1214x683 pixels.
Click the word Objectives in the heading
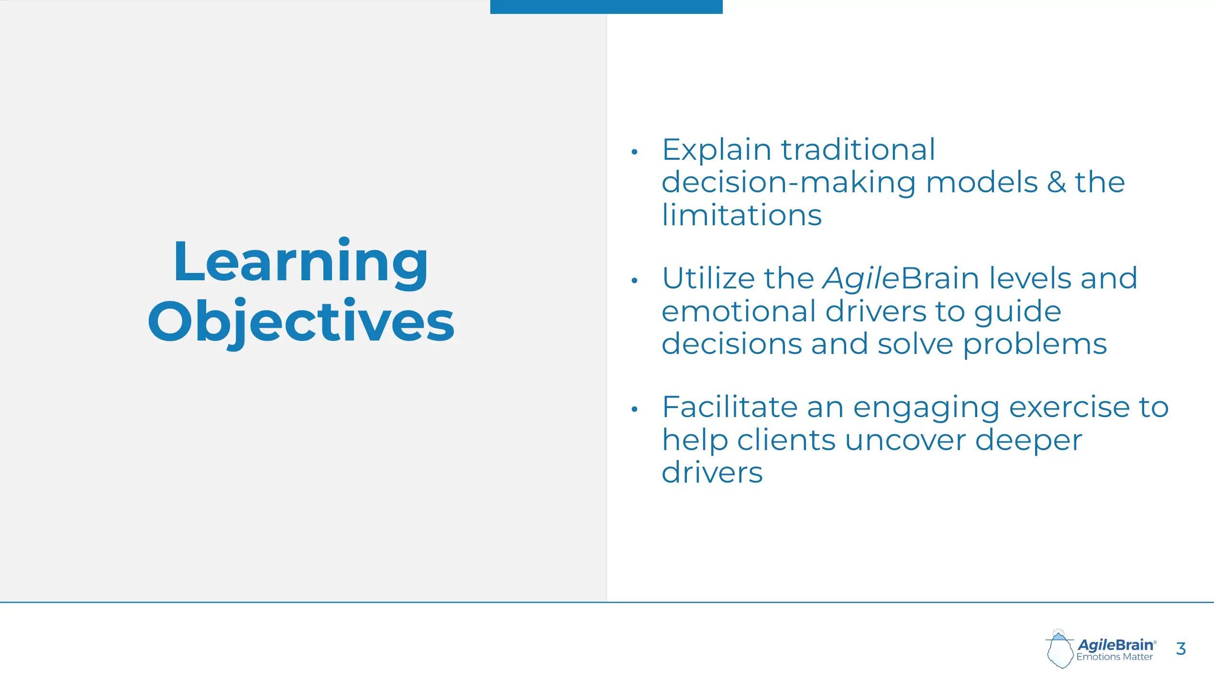[x=301, y=322]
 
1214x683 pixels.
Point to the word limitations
[x=742, y=215]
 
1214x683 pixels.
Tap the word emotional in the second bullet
[x=739, y=311]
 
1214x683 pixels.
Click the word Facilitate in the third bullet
[x=729, y=407]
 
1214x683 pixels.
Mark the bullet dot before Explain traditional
[x=634, y=152]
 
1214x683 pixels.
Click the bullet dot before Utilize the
[x=634, y=280]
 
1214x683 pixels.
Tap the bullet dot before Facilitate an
[x=634, y=409]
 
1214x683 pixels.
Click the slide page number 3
[x=1181, y=649]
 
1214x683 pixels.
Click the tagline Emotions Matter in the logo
[x=1115, y=657]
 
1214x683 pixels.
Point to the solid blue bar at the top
[x=606, y=7]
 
